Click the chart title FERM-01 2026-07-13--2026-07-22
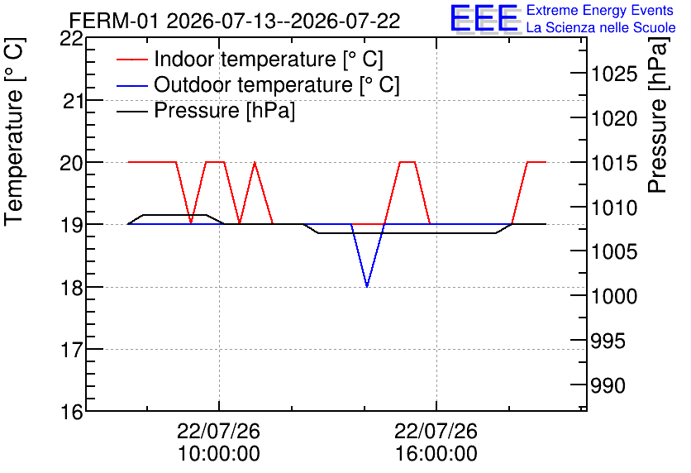coord(235,21)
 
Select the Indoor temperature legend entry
coord(250,59)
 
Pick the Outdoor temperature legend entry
coord(258,84)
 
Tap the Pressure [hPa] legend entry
coord(206,110)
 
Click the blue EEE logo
coord(484,18)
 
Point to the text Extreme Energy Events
coord(600,10)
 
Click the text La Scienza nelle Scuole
coord(601,28)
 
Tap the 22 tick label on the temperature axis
coord(71,39)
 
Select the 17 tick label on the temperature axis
coord(72,350)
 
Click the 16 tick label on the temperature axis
coord(72,412)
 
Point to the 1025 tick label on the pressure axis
coord(614,74)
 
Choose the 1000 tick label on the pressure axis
coord(614,296)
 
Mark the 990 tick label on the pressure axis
coord(608,385)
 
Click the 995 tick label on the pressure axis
coord(608,342)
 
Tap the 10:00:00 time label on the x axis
coord(218,453)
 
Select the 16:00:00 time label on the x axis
coord(436,453)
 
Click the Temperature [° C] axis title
coord(15,132)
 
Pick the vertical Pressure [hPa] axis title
coord(657,115)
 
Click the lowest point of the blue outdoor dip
coord(367,287)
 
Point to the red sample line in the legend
coord(131,60)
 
